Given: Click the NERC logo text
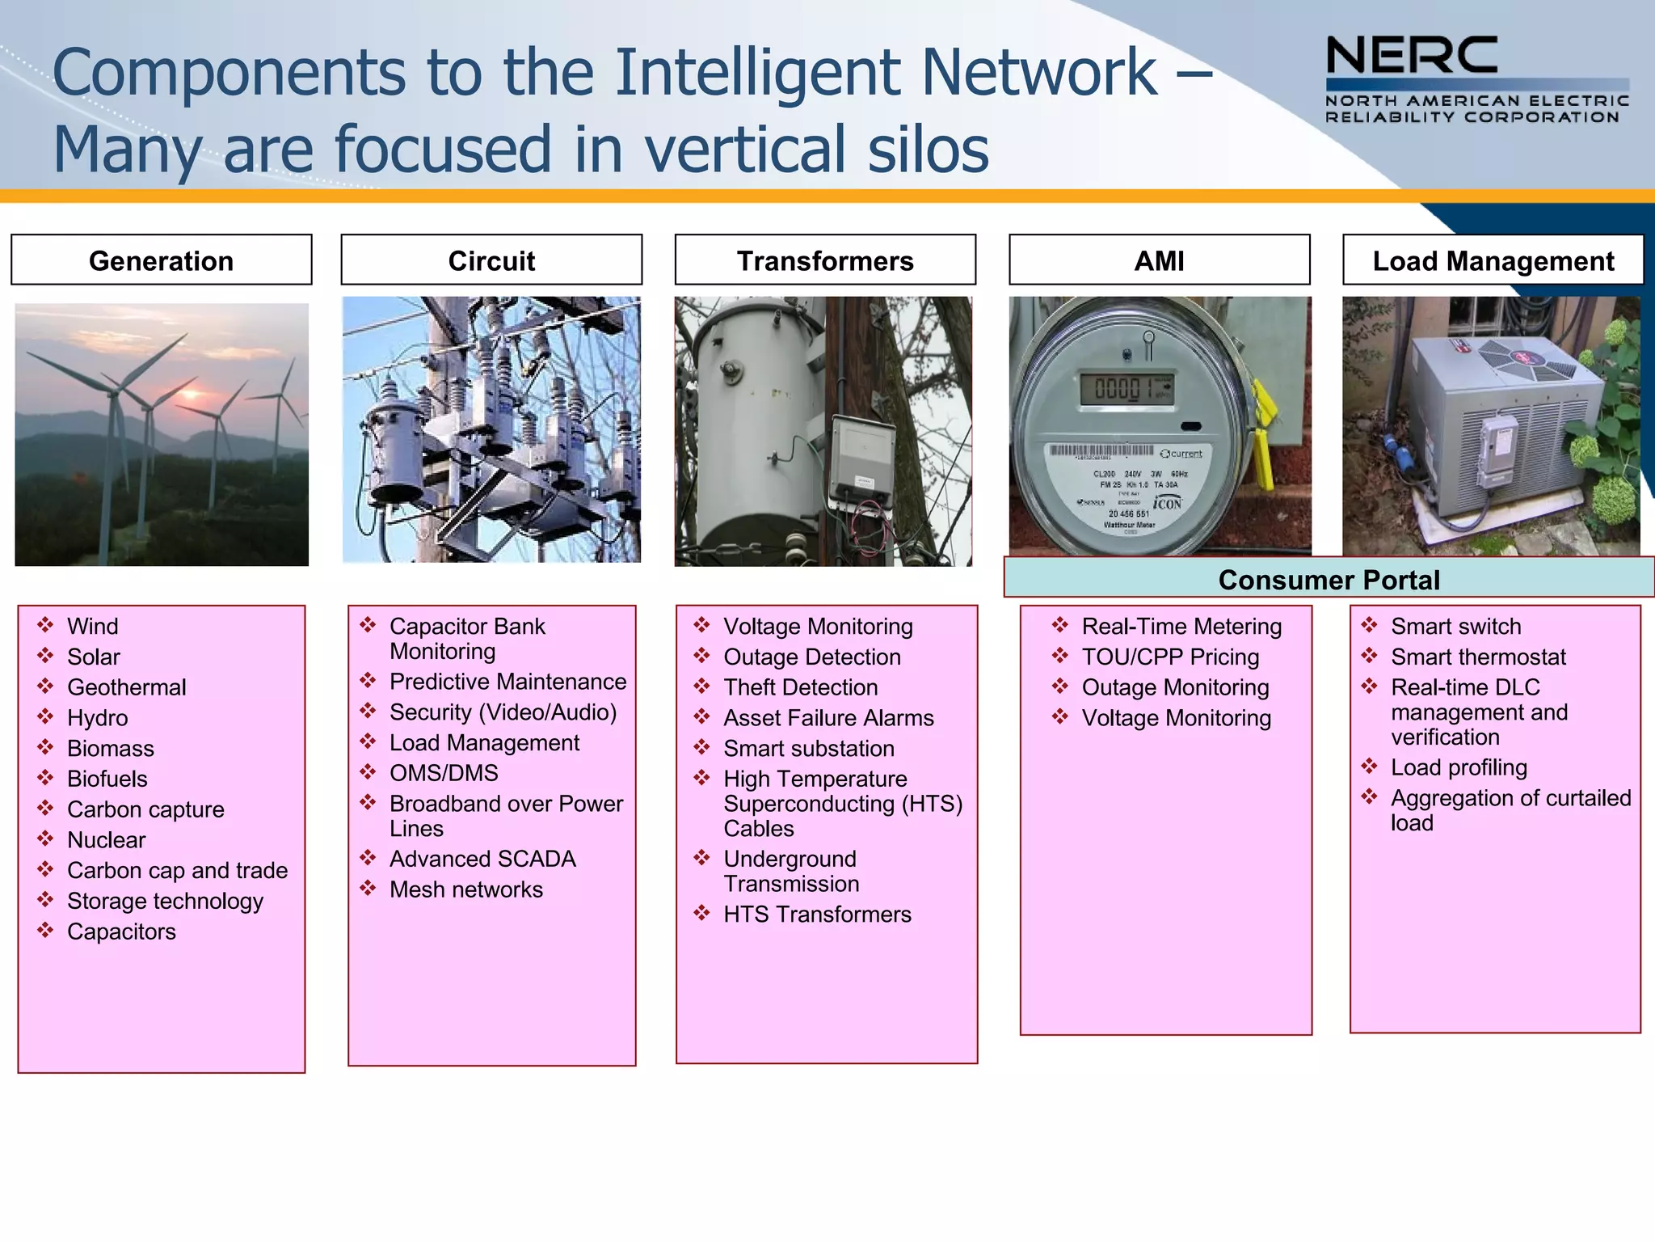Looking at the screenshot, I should point(1412,56).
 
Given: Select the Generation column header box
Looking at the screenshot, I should point(162,260).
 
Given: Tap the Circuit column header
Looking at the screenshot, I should point(491,260).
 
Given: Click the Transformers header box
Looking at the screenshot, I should point(825,260).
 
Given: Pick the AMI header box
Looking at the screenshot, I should point(1159,260).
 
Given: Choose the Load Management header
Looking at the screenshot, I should point(1493,260).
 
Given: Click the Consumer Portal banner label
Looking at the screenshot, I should point(1329,579).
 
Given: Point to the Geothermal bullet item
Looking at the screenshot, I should point(127,687).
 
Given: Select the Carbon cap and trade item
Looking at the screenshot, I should point(177,870).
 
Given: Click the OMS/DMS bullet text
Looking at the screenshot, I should point(444,773).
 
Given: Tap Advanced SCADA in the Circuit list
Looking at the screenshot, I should point(482,859).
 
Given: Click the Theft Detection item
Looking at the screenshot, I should point(800,687).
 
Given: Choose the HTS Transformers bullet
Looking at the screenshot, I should point(817,915).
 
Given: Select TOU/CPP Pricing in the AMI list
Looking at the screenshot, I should point(1170,657).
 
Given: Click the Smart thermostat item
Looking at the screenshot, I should point(1478,657).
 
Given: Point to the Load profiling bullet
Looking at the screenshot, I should point(1459,767).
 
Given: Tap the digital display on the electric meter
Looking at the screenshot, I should point(1126,389).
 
